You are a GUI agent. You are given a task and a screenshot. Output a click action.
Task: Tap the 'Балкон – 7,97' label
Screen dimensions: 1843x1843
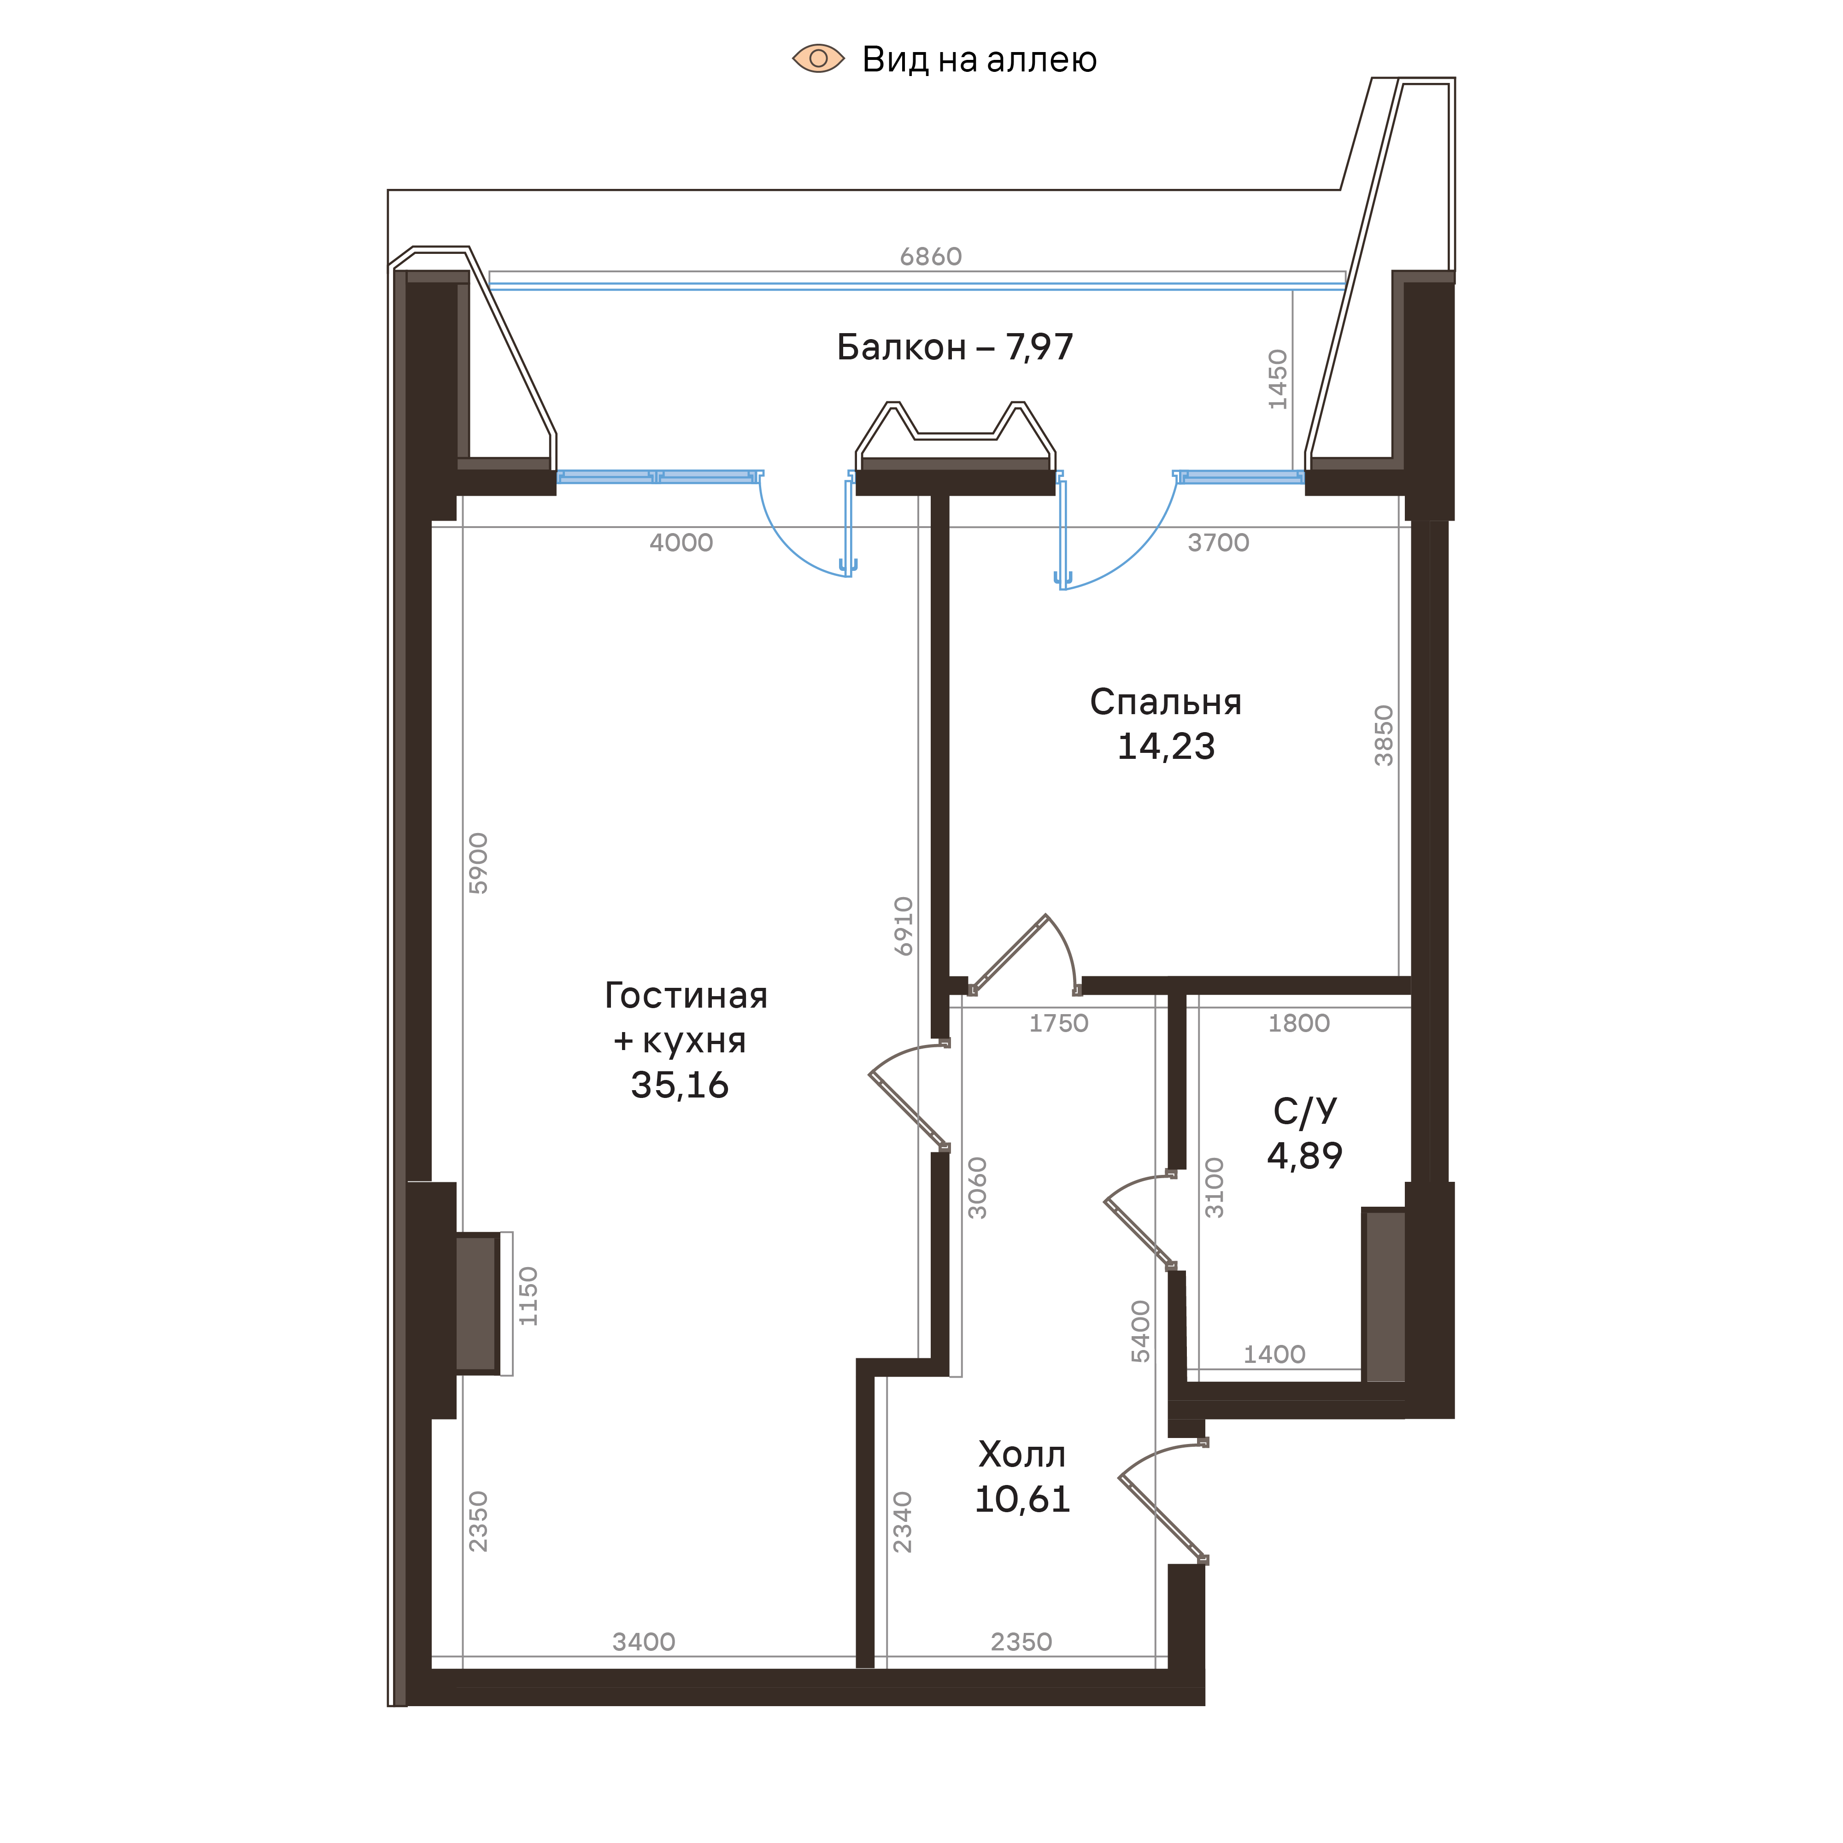(954, 347)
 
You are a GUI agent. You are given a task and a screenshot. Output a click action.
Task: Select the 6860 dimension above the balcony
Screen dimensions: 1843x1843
(930, 257)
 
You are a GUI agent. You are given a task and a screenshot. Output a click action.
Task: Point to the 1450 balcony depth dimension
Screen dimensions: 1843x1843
(1277, 380)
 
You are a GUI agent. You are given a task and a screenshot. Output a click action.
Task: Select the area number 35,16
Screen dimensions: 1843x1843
(679, 1086)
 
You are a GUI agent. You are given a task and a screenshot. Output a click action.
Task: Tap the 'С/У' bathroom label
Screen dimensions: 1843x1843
(1304, 1110)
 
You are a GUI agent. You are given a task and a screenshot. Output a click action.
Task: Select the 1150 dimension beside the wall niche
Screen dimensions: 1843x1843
(528, 1296)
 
